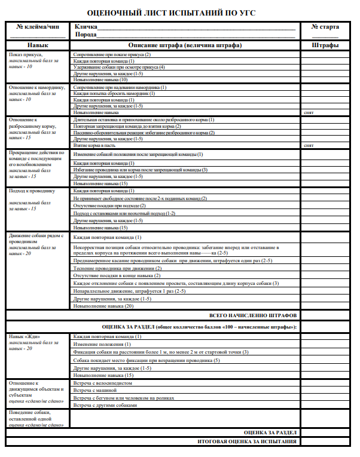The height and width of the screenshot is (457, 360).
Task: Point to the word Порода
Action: coord(85,35)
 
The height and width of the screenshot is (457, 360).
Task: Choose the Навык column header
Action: coord(37,45)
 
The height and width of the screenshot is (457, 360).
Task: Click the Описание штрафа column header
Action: coord(185,45)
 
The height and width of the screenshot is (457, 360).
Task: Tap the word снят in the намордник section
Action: coord(309,112)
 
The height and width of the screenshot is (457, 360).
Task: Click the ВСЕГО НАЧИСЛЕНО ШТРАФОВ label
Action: coord(252,315)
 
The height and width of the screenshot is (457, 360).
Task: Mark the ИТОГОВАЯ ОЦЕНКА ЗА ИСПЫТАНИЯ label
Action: coord(247,441)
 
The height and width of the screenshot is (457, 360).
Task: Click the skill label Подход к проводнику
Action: coord(32,191)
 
